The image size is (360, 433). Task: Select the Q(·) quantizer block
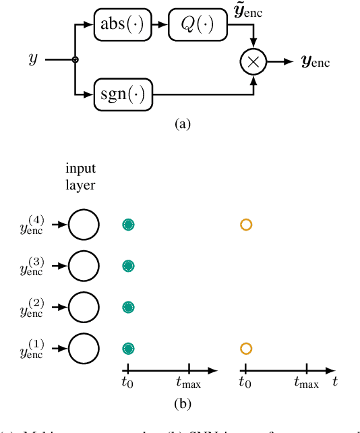coord(197,25)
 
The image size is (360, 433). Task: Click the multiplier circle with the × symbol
coord(253,61)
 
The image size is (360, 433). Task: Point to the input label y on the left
coord(33,60)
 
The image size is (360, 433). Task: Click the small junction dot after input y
coord(76,60)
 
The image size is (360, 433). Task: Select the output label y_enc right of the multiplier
coord(316,62)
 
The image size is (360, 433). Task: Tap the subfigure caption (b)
coord(182,405)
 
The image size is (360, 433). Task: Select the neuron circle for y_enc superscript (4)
coord(84,225)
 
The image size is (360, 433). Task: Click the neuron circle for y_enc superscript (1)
coord(84,349)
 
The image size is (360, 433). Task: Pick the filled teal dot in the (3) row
coord(128,266)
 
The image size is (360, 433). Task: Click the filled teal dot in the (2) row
coord(128,307)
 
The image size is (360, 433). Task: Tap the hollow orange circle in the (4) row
coord(246,225)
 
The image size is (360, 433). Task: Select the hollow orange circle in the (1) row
coord(246,349)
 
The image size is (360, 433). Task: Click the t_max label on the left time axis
coord(189,384)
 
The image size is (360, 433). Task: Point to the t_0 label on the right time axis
coord(246,383)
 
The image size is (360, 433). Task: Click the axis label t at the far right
coord(335,382)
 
